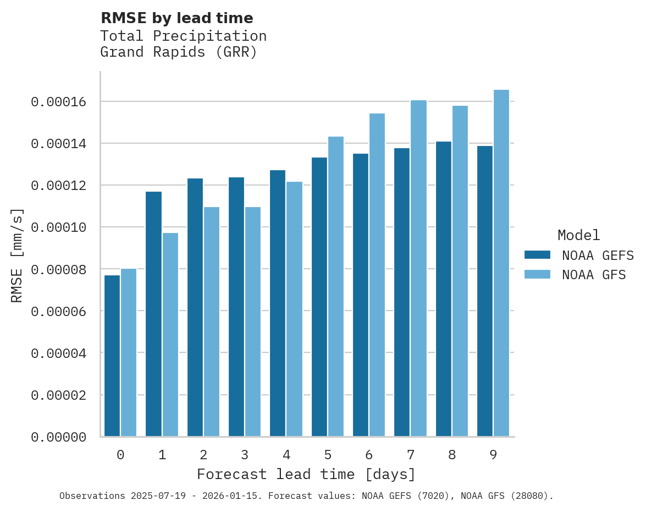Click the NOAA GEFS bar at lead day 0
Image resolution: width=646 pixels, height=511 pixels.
[112, 356]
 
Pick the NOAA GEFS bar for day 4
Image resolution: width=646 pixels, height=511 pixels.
[278, 303]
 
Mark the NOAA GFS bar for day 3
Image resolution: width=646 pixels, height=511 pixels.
[253, 322]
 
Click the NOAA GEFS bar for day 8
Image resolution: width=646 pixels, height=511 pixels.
[444, 289]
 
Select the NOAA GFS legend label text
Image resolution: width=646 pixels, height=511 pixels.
[594, 275]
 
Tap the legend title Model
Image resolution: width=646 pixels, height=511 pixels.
[578, 235]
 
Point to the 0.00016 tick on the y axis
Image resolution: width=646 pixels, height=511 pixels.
[58, 102]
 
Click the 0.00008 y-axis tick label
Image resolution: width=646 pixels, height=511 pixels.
[58, 269]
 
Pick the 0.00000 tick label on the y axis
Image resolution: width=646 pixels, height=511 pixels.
[58, 437]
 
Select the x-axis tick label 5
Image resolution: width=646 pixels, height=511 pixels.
[328, 455]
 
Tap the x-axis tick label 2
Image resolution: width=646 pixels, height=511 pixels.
[203, 455]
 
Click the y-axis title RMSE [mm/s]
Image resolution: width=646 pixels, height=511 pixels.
[17, 255]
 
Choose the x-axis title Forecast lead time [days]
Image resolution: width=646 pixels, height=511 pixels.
[306, 474]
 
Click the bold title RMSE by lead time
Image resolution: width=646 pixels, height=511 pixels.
[177, 18]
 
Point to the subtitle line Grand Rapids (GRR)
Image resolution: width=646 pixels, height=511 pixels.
[179, 52]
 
